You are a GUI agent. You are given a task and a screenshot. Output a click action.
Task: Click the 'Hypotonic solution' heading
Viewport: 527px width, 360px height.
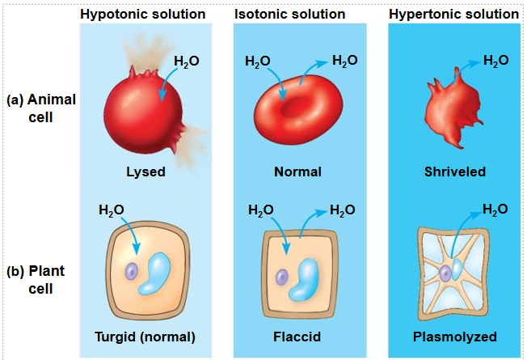[143, 15]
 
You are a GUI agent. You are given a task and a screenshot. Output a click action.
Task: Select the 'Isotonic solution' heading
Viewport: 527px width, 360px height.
[289, 15]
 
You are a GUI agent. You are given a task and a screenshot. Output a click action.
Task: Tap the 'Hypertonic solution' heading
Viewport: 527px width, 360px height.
[453, 15]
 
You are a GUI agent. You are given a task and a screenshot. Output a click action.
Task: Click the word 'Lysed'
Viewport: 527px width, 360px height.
[145, 172]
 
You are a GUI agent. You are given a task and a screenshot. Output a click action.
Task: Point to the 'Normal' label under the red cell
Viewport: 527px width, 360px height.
[297, 172]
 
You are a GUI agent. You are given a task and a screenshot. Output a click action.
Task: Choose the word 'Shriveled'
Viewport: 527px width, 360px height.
[455, 172]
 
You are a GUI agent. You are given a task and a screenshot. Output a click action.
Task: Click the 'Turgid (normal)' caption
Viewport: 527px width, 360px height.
[145, 337]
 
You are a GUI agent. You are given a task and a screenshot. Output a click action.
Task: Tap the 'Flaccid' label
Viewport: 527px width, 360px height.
[297, 337]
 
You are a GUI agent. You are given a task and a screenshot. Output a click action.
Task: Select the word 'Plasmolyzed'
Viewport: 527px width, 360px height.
[455, 337]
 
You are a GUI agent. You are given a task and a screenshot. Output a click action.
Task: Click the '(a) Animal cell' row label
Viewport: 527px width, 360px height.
[41, 108]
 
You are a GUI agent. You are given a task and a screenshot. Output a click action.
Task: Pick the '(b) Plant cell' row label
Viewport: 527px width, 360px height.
[36, 280]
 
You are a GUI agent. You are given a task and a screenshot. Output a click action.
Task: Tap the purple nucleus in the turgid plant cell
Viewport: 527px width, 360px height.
[132, 271]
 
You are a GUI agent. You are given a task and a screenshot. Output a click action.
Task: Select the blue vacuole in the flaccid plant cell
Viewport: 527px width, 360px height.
[303, 280]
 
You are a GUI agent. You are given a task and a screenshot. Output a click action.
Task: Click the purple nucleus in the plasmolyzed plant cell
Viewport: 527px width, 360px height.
[445, 273]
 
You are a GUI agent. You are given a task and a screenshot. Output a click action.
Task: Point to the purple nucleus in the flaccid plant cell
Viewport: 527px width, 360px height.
[282, 277]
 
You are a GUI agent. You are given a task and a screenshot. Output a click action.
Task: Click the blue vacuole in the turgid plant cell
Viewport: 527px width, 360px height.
[154, 274]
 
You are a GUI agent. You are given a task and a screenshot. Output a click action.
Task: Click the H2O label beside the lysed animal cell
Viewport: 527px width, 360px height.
[187, 61]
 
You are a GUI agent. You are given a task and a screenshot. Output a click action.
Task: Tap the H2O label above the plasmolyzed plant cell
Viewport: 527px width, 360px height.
[495, 210]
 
